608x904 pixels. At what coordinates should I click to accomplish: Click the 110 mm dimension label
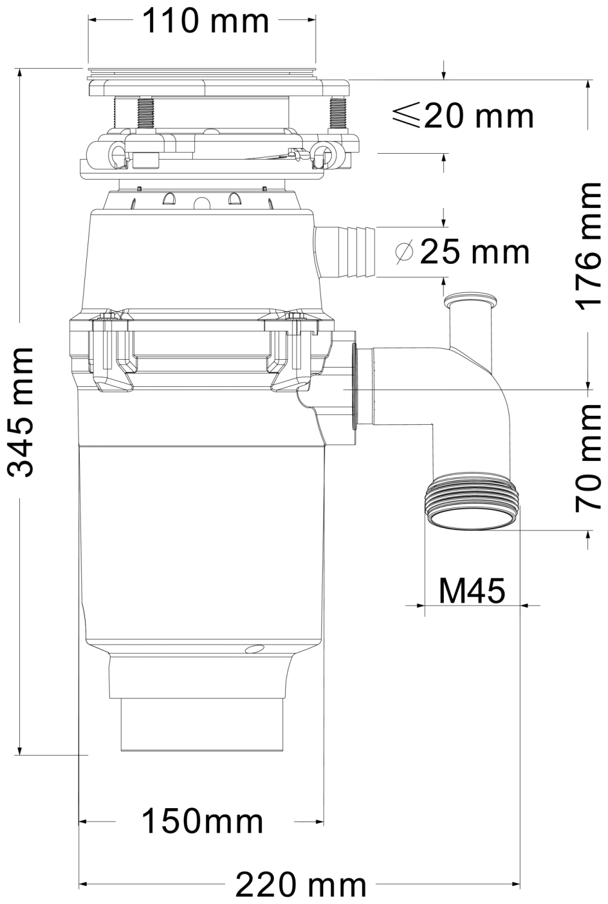point(205,21)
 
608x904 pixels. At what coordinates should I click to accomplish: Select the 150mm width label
point(203,821)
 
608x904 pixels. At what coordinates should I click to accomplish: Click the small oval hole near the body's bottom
point(255,649)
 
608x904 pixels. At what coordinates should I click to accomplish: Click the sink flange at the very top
point(201,73)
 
